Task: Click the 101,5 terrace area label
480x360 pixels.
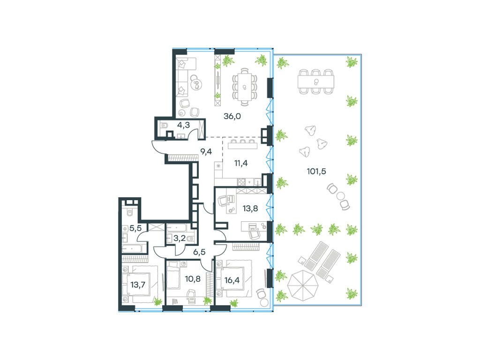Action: point(316,171)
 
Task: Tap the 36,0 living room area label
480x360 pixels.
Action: point(232,116)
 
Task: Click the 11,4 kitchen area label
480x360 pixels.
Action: point(241,163)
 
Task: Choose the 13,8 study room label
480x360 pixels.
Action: point(250,209)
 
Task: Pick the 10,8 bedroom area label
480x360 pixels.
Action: point(193,278)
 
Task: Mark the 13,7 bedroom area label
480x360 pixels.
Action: point(138,285)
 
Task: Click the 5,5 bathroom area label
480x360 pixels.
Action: point(135,228)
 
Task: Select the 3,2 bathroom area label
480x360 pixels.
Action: point(179,238)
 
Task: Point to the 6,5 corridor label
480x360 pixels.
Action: point(199,252)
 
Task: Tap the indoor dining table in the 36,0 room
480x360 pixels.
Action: point(244,87)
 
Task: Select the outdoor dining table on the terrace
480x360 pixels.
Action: point(316,82)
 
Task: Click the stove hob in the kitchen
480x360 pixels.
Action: point(241,182)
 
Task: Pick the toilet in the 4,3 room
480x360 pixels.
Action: point(165,124)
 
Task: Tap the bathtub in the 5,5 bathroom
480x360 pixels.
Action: point(135,248)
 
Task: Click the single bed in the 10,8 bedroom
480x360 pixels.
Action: point(174,275)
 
